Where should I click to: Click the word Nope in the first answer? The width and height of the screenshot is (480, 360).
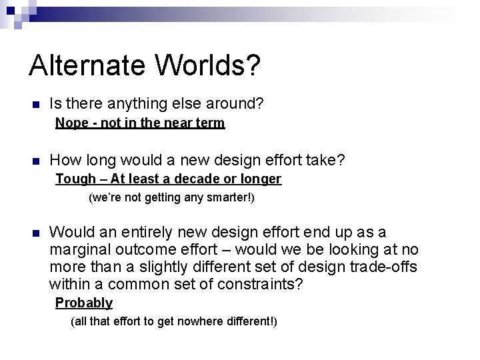tap(70, 123)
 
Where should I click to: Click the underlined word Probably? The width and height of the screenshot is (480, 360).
tap(84, 303)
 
